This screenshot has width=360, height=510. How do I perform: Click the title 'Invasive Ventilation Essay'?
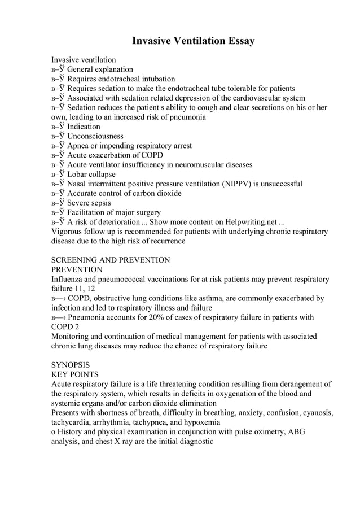coord(194,41)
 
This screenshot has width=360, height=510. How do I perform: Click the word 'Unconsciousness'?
coord(95,136)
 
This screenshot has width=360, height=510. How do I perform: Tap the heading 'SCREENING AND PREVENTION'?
coord(111,260)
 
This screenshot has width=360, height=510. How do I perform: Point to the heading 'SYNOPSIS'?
coord(71,365)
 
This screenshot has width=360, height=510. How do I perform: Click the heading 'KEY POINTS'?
coord(75,374)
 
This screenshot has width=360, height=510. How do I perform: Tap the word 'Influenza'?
coord(69,280)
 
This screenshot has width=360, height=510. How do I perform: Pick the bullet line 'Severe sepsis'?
coord(89,203)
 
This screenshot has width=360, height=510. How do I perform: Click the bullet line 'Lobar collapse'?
coord(91,174)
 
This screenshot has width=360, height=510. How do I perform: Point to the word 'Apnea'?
coord(78,146)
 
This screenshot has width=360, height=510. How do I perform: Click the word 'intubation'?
coord(155,79)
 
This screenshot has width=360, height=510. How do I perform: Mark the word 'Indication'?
coord(84,127)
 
